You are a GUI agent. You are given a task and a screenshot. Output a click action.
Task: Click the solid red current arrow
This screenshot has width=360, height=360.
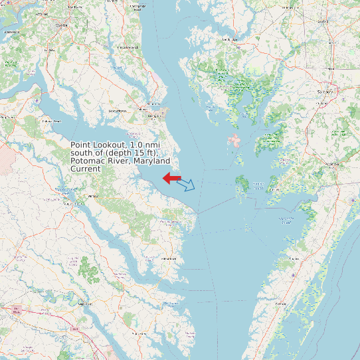click(x=171, y=178)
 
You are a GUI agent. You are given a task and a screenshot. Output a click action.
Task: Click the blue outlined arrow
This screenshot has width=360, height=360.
click(x=188, y=185)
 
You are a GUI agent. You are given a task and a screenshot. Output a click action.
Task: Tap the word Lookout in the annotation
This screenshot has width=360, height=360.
click(x=111, y=145)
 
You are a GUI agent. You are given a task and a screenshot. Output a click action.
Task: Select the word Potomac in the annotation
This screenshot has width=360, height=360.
click(x=87, y=161)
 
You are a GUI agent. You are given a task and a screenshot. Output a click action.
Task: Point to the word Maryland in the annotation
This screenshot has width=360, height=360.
click(x=151, y=161)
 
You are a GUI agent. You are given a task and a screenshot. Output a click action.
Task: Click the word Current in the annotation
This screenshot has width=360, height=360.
click(x=86, y=169)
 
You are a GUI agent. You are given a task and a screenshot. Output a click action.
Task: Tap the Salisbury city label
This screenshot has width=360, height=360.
click(x=325, y=91)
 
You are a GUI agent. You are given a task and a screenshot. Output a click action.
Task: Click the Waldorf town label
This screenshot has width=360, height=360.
click(x=62, y=25)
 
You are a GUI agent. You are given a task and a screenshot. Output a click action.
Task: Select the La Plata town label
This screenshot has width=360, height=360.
click(x=48, y=49)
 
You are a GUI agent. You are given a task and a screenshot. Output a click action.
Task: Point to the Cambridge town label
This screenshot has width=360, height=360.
click(x=230, y=40)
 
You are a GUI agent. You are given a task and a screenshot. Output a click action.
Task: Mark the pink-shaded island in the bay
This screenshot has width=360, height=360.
click(x=234, y=141)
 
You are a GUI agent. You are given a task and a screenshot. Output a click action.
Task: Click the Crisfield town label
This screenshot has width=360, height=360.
click(x=259, y=184)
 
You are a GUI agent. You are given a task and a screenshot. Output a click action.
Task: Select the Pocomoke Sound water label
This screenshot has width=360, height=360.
click(x=286, y=220)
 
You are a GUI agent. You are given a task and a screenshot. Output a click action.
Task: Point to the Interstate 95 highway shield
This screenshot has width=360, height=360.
click(x=15, y=308)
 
